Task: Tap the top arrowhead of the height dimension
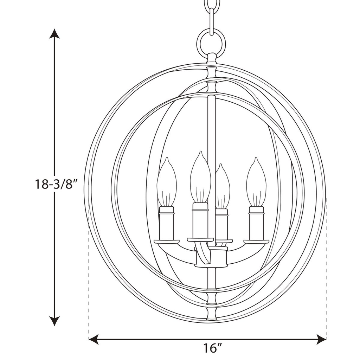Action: point(54,34)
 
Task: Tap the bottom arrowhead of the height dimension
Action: point(54,321)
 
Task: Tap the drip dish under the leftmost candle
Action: point(167,242)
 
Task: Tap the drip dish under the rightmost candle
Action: point(256,242)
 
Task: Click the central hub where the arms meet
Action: point(211,257)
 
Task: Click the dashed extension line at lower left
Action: point(89,281)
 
